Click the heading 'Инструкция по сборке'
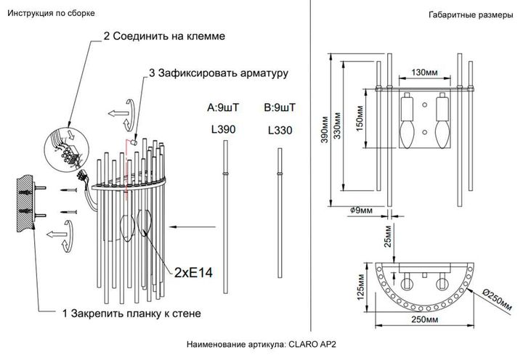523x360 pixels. click(x=49, y=14)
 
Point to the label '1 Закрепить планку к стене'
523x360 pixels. click(x=131, y=314)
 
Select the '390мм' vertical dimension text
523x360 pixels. click(x=317, y=131)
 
